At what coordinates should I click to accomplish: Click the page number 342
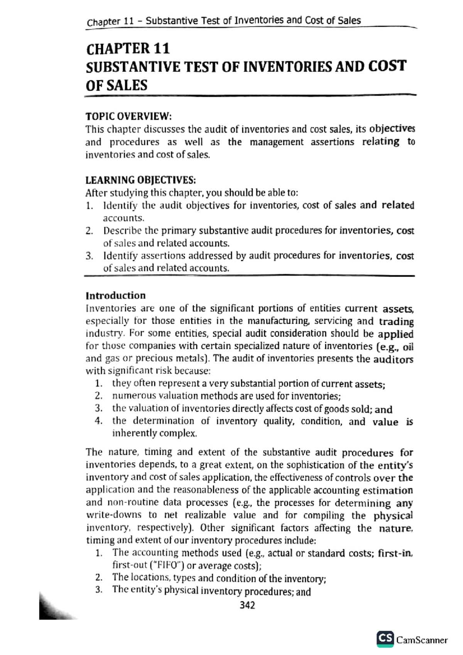(x=247, y=605)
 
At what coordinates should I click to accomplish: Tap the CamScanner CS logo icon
(x=385, y=639)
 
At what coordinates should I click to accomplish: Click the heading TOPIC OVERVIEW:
(x=128, y=116)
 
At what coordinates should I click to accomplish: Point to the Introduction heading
(x=116, y=295)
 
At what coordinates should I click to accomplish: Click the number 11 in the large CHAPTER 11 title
(x=161, y=49)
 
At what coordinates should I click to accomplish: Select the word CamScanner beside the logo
(x=422, y=640)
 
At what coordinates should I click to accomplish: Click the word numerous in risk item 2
(x=129, y=396)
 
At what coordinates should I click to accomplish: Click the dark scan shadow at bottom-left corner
(x=52, y=608)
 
